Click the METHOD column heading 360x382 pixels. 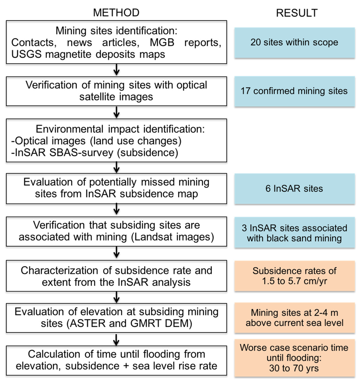click(116, 13)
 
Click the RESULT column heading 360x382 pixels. click(297, 13)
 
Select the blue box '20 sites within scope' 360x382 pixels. click(294, 43)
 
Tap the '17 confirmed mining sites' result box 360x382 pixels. click(294, 91)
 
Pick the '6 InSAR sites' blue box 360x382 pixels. click(294, 189)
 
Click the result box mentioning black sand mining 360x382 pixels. click(294, 233)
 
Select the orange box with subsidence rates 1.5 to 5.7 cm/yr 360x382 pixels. click(294, 276)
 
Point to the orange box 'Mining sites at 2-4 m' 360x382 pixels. click(294, 318)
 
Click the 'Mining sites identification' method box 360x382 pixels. click(116, 43)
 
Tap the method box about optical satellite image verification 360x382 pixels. click(116, 91)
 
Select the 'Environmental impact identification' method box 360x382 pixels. click(116, 140)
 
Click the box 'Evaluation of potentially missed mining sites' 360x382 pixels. click(116, 188)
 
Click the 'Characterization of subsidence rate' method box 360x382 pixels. click(116, 276)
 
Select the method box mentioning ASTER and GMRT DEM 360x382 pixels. click(116, 318)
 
